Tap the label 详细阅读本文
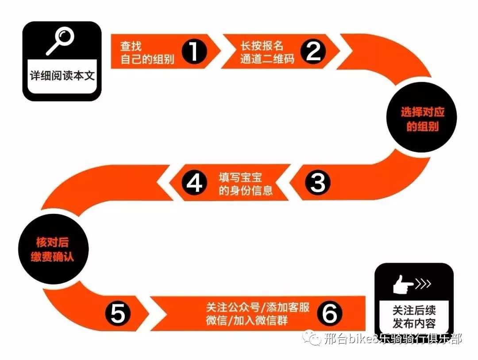62,75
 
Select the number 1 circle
194,51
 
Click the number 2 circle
313,51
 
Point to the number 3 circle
318,182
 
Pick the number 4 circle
194,183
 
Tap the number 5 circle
118,313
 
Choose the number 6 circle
330,313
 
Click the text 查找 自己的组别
147,53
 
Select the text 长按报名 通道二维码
267,52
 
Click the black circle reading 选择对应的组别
422,117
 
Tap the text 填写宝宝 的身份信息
245,184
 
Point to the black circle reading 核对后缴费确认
53,249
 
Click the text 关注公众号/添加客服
258,307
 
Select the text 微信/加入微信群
247,320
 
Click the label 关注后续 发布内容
414,317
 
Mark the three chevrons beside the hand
423,284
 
